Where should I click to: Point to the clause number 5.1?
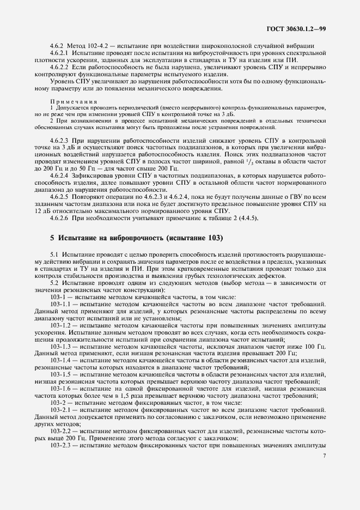54,254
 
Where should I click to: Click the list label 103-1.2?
61,324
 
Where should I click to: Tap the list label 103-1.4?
61,361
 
